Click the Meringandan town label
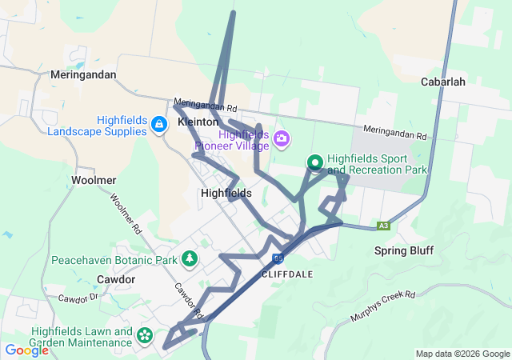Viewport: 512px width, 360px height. tap(82, 74)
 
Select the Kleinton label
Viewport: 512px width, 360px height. tap(198, 122)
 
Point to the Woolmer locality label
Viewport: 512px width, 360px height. tap(94, 180)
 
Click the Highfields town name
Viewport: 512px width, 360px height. tap(226, 193)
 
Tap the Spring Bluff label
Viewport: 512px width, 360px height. tap(404, 250)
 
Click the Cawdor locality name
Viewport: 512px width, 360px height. tap(116, 279)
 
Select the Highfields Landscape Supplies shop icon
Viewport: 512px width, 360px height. tap(158, 124)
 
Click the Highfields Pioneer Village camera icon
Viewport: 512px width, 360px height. tap(282, 140)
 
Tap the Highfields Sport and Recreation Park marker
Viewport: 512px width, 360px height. tap(315, 163)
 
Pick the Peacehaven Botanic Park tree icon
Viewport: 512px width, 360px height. tap(190, 259)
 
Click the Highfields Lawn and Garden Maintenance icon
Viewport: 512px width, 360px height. tap(145, 336)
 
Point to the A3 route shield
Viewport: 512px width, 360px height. tap(385, 226)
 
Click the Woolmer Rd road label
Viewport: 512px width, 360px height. tap(126, 214)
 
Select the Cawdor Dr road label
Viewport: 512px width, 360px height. tap(78, 298)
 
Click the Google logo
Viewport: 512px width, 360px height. tap(26, 350)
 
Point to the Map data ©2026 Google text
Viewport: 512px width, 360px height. tap(462, 354)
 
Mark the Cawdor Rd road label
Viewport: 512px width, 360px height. tap(186, 298)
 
